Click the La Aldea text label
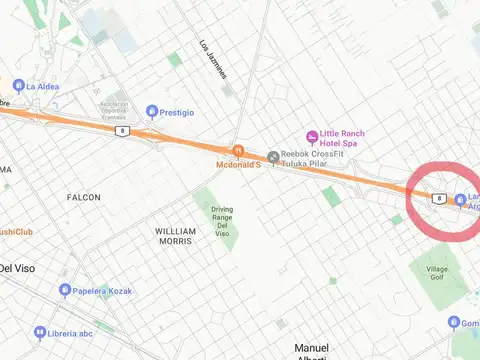click(43, 86)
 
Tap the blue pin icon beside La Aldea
click(18, 86)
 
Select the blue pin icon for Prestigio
click(152, 111)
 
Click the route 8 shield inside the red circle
click(439, 198)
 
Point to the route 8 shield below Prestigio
click(122, 131)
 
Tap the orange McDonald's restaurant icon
click(238, 150)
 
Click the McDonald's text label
click(238, 164)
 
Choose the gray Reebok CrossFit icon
click(273, 157)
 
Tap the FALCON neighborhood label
click(84, 198)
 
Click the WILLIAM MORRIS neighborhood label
click(175, 236)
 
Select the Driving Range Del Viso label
click(222, 221)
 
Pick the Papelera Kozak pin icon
click(65, 290)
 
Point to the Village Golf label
click(438, 275)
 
